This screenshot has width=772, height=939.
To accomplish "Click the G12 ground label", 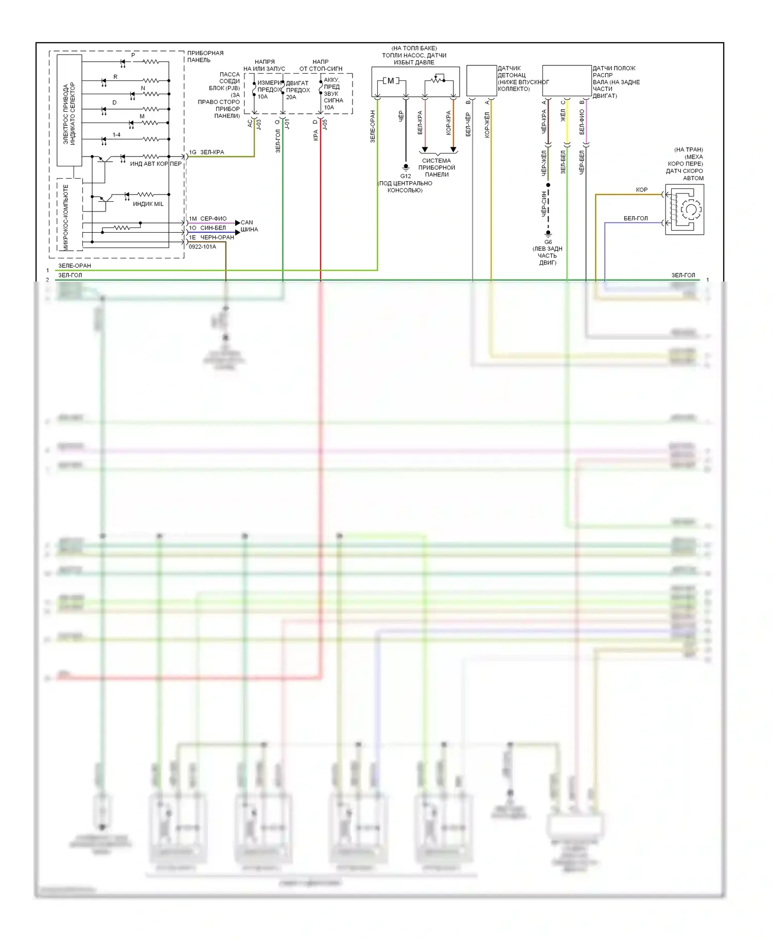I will click(406, 176).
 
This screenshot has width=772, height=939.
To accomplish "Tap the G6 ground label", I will click(548, 241).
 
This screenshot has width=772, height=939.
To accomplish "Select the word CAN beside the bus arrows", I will click(247, 222).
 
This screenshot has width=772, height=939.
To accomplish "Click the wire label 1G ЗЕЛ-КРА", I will click(206, 152).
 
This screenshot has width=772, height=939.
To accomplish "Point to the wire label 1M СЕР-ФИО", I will click(207, 219).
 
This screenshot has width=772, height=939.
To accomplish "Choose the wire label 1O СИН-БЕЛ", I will click(207, 228).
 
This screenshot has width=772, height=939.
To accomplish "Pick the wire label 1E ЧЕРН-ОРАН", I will click(211, 237).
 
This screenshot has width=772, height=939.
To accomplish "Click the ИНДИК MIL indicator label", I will click(148, 204).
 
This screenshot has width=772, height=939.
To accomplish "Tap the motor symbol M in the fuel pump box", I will click(391, 81).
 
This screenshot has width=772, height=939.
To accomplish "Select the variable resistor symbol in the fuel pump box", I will click(438, 80).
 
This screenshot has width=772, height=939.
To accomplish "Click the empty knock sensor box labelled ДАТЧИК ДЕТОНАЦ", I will click(481, 80).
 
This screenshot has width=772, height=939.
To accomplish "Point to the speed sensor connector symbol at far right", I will click(685, 210).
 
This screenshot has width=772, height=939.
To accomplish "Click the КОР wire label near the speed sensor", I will click(642, 190).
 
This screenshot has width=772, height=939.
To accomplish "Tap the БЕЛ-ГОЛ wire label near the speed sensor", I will click(636, 218).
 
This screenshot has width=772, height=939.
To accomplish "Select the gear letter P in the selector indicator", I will click(133, 55).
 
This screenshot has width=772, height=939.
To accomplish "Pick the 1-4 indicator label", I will click(117, 135).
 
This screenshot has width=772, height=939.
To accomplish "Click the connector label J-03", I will click(259, 124).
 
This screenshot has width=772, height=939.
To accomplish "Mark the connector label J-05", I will click(325, 124).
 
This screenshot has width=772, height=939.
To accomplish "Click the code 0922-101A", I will click(202, 247).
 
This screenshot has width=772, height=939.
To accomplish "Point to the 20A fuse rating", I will click(291, 97).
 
